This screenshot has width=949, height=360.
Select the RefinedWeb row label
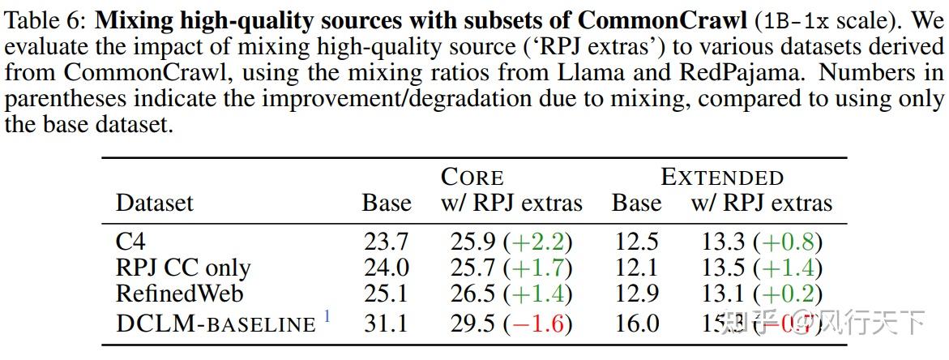179,294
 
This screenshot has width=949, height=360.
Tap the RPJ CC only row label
183,268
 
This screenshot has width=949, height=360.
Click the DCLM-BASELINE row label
215,324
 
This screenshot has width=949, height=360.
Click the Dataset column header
155,203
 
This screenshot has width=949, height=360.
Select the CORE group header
472,177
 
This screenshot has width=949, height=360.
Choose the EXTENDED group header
722,177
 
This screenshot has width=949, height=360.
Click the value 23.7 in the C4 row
386,242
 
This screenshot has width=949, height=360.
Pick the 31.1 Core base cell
386,324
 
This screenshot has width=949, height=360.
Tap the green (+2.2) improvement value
537,242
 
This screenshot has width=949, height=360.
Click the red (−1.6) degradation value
537,324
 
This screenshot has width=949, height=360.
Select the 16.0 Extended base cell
636,324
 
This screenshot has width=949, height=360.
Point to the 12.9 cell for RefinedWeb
636,294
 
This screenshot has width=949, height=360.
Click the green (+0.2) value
787,294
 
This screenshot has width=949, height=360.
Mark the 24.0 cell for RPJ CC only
386,268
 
